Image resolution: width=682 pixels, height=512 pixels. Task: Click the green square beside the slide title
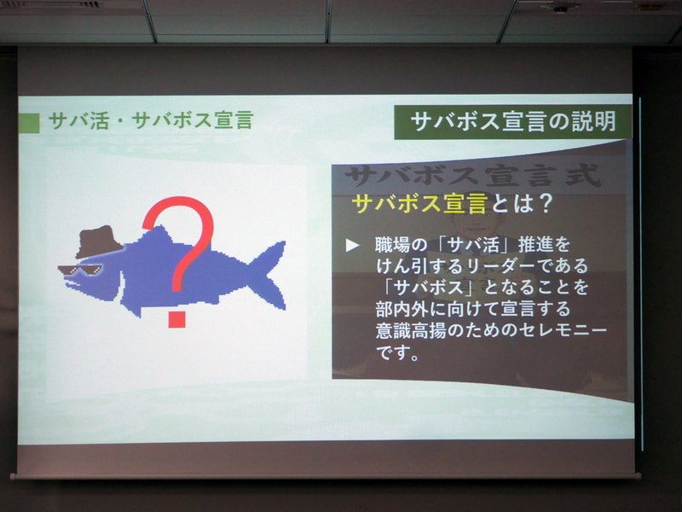tap(29, 122)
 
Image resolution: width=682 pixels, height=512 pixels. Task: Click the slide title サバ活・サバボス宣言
tap(150, 120)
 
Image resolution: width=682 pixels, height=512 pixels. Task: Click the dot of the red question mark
tap(177, 318)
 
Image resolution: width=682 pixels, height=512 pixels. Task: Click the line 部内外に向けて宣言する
tap(472, 308)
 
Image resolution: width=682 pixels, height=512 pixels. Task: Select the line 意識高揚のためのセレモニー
tap(491, 329)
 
